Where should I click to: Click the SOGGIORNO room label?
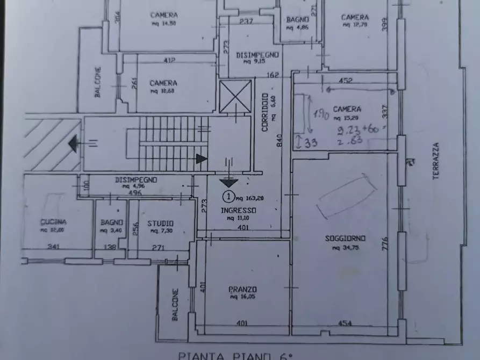346,238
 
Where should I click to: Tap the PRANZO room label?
245,288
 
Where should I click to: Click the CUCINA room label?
53,222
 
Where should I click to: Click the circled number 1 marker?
228,196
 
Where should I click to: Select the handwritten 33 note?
307,143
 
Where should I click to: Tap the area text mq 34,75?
346,248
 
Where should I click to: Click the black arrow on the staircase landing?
201,159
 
